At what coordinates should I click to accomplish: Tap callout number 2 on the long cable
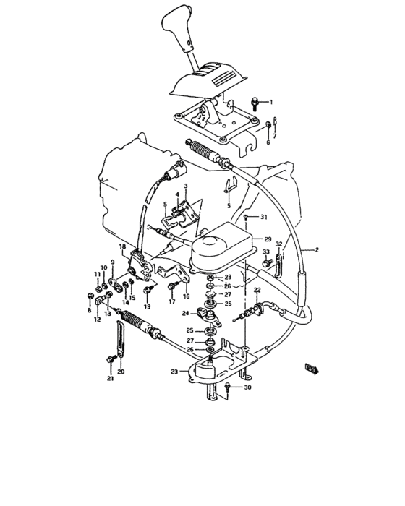point(316,249)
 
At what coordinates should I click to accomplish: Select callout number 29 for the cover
point(268,239)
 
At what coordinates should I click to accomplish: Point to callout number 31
point(264,218)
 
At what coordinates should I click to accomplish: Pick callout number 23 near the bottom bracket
point(174,372)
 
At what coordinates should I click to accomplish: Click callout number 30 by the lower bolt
point(249,388)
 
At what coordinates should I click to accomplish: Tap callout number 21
point(110,378)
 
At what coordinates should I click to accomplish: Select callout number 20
point(121,372)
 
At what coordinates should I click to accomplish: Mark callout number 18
point(122,247)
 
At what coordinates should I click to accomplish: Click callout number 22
point(256,290)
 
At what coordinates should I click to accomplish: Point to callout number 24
point(185,314)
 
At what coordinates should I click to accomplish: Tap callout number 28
point(228,277)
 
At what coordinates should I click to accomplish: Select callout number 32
point(278,245)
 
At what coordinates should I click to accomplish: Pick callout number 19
point(147,307)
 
